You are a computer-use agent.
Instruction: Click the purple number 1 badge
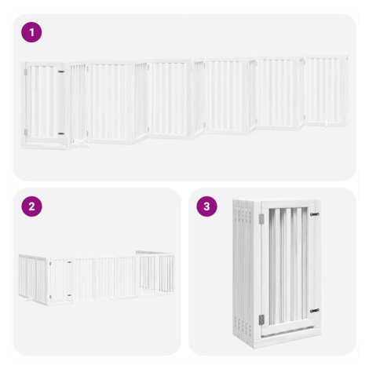31,32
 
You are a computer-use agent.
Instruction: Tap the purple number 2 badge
31,206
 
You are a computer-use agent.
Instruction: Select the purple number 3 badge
206,206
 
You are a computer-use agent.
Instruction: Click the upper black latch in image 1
61,71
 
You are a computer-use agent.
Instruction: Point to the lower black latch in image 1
61,133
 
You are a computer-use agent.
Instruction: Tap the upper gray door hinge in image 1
26,72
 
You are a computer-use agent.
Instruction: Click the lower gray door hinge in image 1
26,133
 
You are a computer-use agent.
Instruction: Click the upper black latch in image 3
315,214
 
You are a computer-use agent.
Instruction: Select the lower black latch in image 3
315,311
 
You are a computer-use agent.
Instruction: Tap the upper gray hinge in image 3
261,219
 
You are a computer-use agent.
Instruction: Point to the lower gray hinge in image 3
261,320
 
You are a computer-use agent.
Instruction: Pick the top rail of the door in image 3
288,204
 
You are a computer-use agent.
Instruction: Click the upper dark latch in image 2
69,262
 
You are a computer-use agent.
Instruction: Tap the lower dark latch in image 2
69,295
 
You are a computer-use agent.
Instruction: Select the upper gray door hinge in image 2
50,263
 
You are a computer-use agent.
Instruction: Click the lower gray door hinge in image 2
50,297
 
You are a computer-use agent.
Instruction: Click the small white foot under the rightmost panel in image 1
327,124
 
